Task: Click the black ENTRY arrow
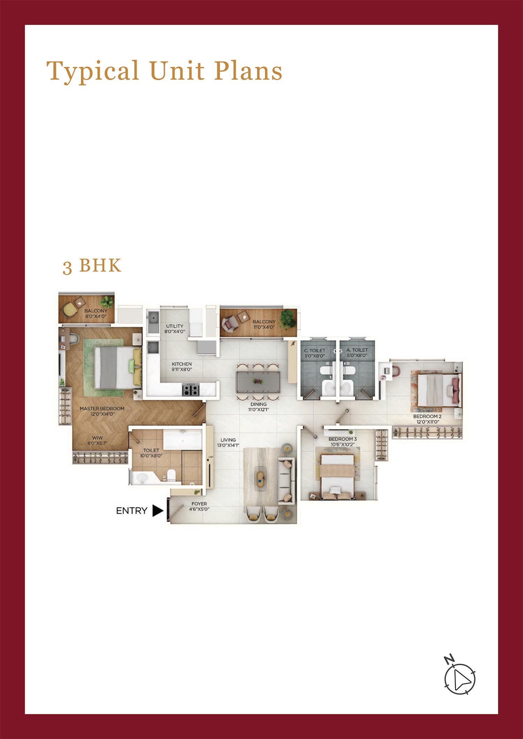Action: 158,511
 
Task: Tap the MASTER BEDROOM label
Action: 102,409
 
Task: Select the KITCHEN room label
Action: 182,364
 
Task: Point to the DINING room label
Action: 258,404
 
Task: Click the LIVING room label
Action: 228,440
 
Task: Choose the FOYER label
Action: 199,504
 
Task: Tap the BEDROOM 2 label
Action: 427,416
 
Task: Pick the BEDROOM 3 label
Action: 343,439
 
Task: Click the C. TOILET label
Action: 314,350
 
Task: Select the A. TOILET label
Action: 357,350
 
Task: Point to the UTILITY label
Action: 175,326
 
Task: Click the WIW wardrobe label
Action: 97,438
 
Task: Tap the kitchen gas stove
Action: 191,389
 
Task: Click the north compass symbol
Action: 459,677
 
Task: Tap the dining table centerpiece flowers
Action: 258,381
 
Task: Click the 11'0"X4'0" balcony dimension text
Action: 264,327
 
